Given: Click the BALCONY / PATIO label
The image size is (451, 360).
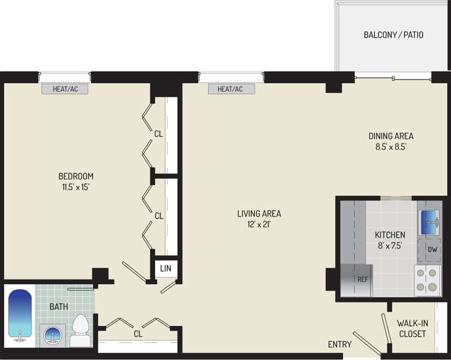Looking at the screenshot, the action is tap(393, 35).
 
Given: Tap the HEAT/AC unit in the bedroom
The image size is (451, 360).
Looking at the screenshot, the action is tap(65, 89).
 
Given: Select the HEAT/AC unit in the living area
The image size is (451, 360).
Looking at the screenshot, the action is tap(232, 89).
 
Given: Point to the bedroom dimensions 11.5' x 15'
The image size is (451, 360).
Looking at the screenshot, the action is tap(76, 187).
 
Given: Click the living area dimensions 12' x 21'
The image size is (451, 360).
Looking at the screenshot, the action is tap(259, 225).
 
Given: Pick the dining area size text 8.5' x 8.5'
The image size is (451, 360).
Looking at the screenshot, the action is tap(391, 147).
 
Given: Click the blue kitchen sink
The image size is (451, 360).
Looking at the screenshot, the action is tap(429, 223).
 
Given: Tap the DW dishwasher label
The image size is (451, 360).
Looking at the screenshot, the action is tap(432, 249).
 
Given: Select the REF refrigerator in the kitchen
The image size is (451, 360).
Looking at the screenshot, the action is tap(357, 280).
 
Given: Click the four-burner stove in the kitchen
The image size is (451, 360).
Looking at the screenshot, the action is tap(427, 280).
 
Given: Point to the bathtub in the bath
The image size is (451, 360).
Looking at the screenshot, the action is tap(20, 315).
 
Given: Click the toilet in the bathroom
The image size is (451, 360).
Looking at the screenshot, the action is tap(81, 331).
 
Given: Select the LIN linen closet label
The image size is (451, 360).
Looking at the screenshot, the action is tap(166, 268).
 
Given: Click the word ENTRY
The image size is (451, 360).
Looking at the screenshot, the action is tap(340, 344).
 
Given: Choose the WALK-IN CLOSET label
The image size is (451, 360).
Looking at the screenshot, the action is tap(412, 329).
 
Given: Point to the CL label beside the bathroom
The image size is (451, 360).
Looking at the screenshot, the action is tap(138, 334).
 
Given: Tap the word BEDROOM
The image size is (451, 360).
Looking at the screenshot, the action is tap(76, 176).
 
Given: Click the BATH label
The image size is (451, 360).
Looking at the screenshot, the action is tap(59, 307).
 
